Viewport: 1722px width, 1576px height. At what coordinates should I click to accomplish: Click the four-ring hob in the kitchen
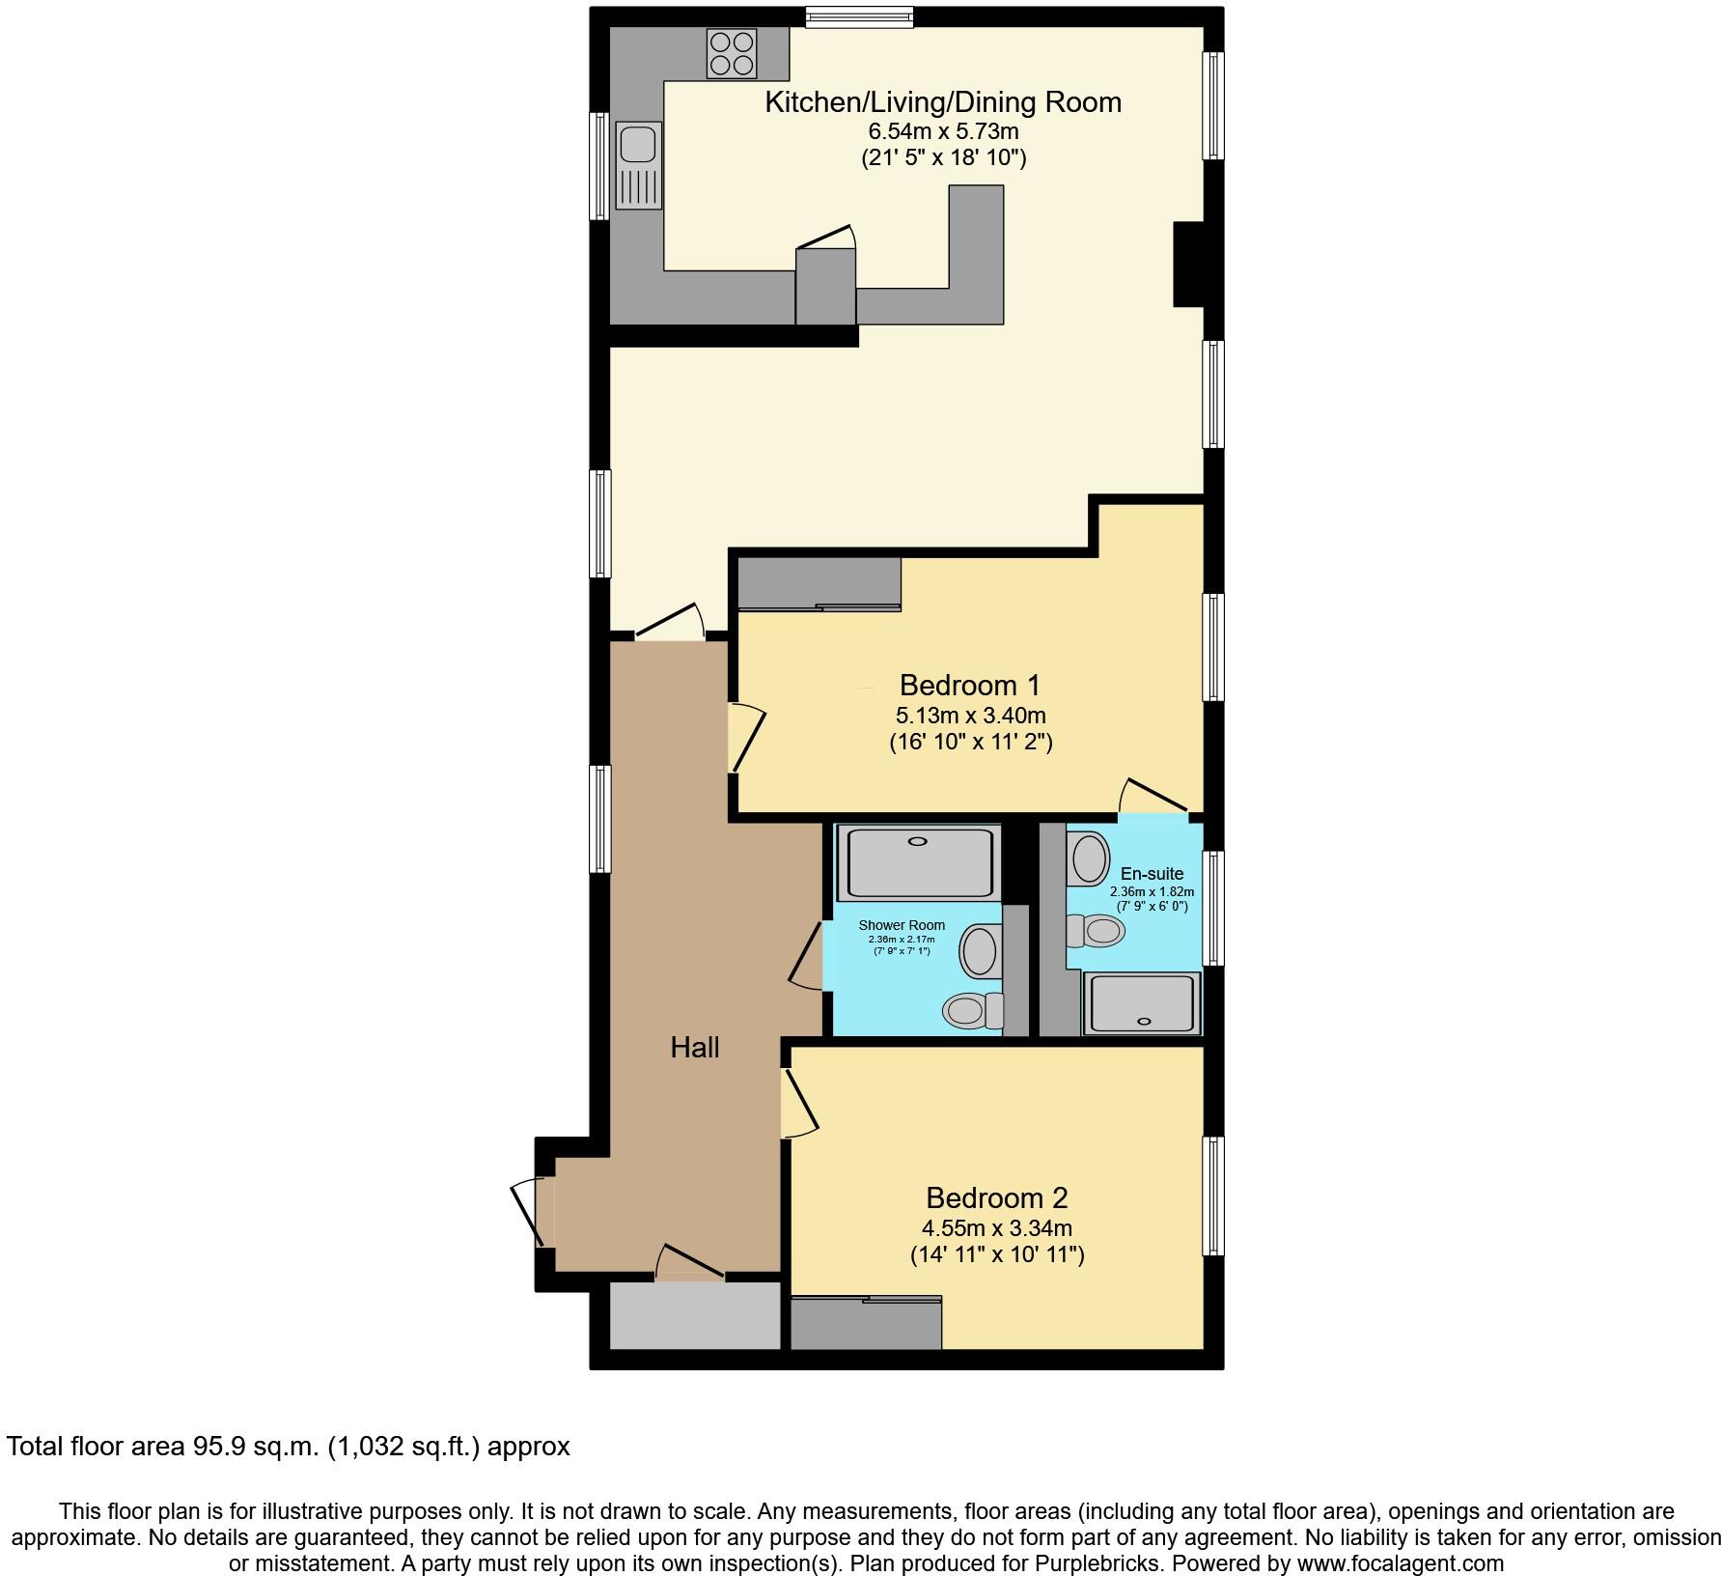pos(732,53)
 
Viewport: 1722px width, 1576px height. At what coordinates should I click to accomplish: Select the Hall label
pos(694,1048)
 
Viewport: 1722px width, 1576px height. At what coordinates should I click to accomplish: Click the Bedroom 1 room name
pos(969,686)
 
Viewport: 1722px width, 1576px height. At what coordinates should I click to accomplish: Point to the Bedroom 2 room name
pos(996,1198)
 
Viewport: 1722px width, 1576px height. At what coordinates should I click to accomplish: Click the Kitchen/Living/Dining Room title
pos(942,102)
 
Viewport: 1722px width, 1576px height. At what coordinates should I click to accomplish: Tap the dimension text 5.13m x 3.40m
pos(970,717)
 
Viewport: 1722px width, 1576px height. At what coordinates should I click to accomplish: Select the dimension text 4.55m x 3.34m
pos(996,1229)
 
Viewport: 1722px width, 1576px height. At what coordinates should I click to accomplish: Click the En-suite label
pos(1152,874)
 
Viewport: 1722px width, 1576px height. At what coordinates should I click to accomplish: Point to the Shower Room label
pos(902,925)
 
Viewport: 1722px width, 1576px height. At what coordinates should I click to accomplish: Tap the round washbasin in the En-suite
pos(1090,858)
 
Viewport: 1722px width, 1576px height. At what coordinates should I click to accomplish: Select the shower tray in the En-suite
pos(1143,1004)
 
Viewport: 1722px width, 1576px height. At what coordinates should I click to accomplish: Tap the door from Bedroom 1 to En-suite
pos(1153,798)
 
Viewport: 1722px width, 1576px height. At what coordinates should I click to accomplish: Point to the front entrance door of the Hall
pos(532,1213)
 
